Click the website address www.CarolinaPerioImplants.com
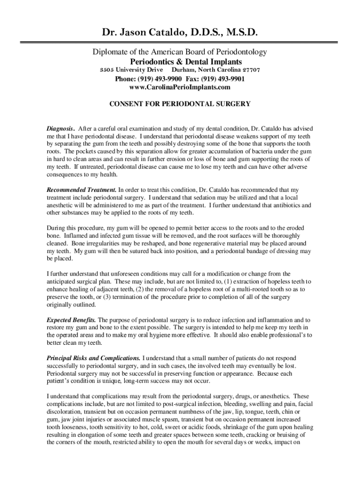pos(180,87)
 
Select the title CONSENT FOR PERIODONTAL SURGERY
pos(180,104)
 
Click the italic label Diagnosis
pos(59,128)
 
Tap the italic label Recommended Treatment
pos(81,190)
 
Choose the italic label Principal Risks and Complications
pos(94,358)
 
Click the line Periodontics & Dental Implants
pos(186,61)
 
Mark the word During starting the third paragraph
pos(57,228)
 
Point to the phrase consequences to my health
pos(82,175)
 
